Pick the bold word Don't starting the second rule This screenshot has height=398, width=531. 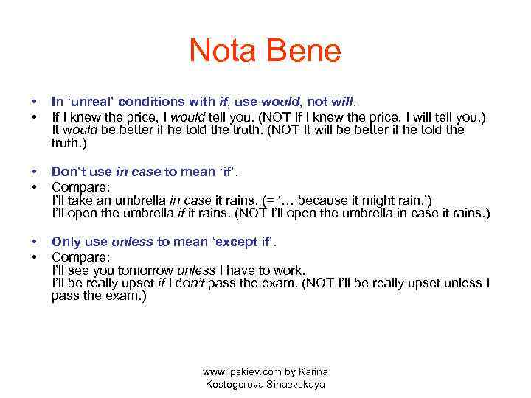pyautogui.click(x=69, y=172)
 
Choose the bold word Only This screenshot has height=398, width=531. pyautogui.click(x=66, y=242)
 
